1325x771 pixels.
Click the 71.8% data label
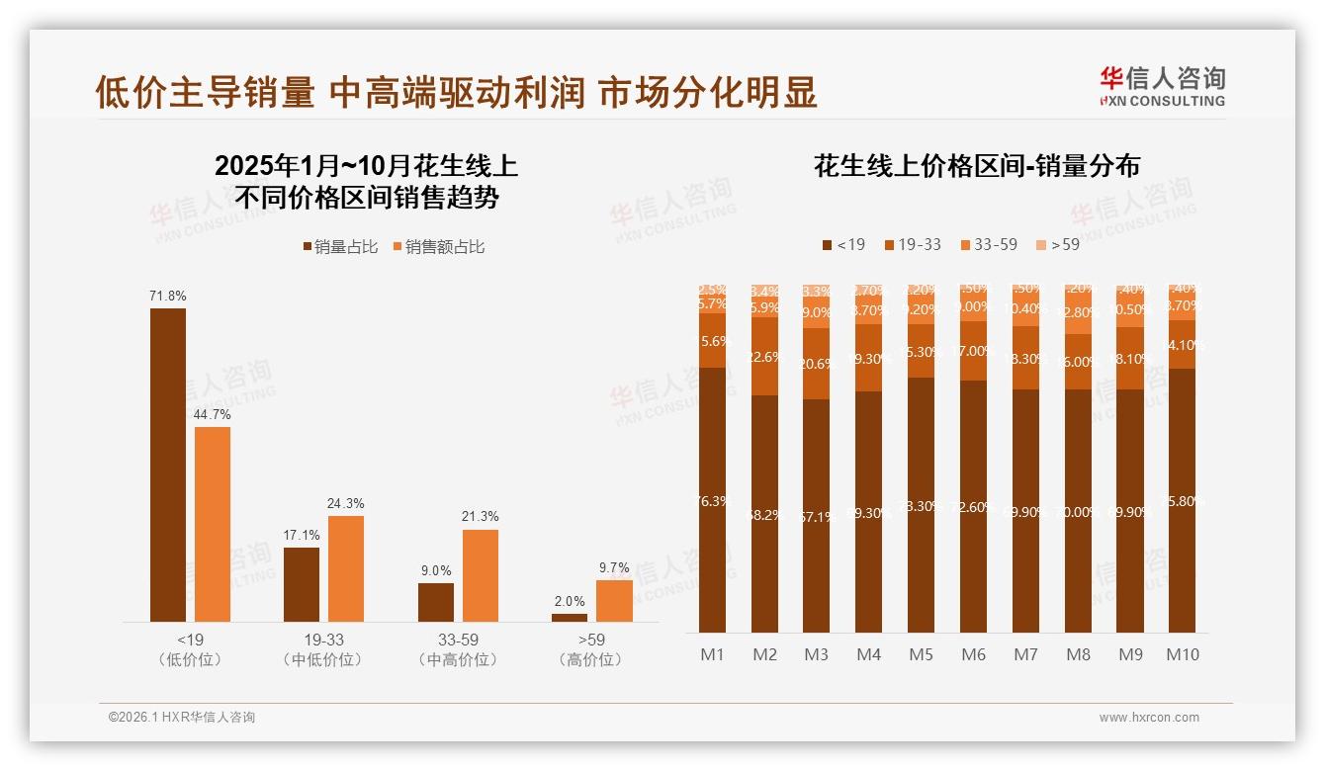(x=167, y=296)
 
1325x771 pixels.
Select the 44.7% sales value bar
(x=212, y=524)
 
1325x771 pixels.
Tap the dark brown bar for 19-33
(x=302, y=584)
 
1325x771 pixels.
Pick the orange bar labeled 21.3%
(x=480, y=575)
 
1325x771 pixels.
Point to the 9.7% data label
(x=613, y=568)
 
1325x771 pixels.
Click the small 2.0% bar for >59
(x=569, y=617)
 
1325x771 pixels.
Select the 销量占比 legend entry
(x=341, y=247)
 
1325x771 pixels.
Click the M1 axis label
(x=712, y=654)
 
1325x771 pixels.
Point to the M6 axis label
(x=973, y=654)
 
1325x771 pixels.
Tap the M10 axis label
(x=1182, y=654)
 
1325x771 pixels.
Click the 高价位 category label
(x=591, y=659)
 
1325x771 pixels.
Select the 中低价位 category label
(x=323, y=659)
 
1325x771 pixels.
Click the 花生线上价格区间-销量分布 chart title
(x=976, y=165)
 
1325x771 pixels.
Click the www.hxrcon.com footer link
(x=1149, y=718)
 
